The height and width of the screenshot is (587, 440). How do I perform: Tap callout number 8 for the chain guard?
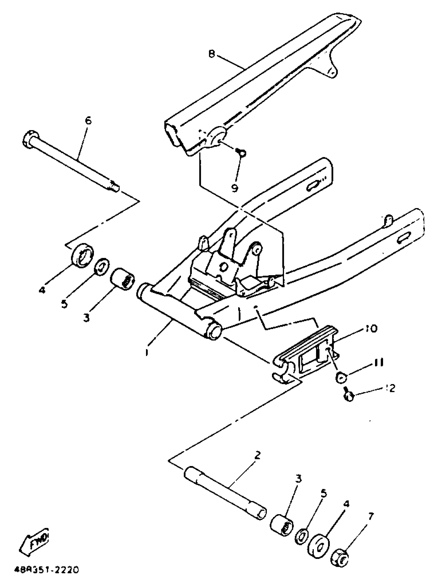tap(211, 54)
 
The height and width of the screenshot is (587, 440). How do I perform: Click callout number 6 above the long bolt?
tap(88, 121)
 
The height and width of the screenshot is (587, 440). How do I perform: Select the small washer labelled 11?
tap(341, 377)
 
